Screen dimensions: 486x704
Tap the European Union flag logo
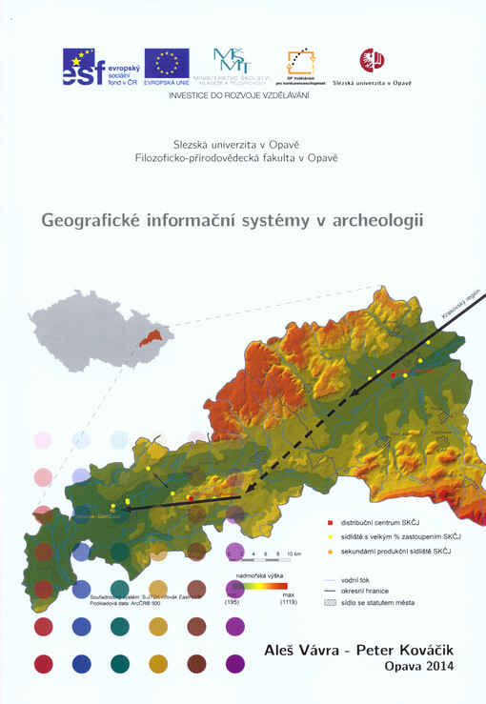(x=167, y=68)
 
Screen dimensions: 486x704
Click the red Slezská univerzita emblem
(x=371, y=61)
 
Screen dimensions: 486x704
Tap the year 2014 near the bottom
(x=435, y=668)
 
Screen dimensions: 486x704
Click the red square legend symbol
(x=330, y=523)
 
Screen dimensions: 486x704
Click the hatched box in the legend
(x=330, y=603)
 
